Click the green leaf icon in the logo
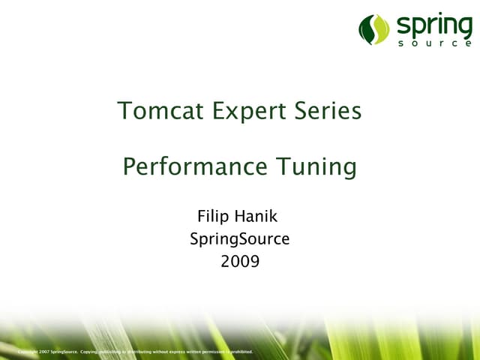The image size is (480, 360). [374, 29]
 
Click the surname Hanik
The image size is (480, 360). [257, 217]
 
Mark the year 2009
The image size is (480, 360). [240, 262]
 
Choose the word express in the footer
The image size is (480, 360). [182, 351]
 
